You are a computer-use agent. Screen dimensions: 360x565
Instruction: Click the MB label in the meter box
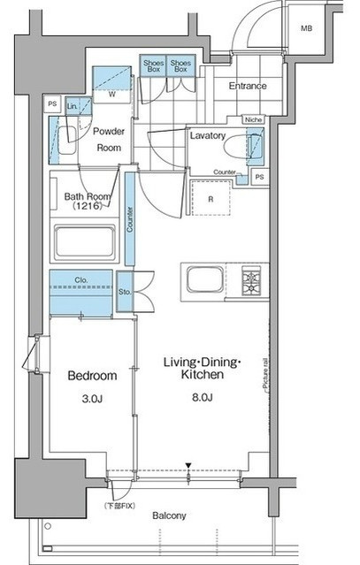click(x=306, y=28)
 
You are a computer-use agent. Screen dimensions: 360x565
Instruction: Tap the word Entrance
click(x=248, y=86)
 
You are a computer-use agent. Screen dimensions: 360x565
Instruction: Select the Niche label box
click(x=253, y=119)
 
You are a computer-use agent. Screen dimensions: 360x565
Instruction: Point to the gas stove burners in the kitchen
click(x=251, y=280)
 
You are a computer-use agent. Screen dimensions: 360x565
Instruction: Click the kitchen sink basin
click(x=204, y=279)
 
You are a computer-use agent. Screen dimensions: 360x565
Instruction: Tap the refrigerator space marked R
click(x=211, y=199)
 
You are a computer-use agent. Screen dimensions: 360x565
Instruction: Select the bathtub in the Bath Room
click(x=85, y=242)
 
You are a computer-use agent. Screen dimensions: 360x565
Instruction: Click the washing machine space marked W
click(x=112, y=95)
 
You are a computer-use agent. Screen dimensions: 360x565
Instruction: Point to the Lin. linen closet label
click(x=72, y=106)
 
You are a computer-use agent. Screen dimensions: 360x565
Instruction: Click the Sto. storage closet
click(x=125, y=292)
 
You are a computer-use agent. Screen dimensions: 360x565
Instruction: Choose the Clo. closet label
click(x=81, y=280)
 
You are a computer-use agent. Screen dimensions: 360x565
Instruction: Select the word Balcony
click(x=169, y=515)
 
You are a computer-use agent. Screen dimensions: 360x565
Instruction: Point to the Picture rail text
click(x=265, y=372)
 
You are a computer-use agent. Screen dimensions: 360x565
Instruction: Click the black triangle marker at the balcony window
click(x=188, y=466)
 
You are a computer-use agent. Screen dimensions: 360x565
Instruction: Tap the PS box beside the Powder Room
click(x=52, y=104)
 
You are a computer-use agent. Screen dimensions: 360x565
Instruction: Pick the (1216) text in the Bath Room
click(x=87, y=207)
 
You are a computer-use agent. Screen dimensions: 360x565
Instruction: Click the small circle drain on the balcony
click(x=48, y=526)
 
